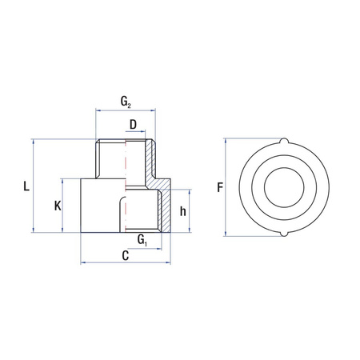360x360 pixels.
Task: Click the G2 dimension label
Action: (x=126, y=102)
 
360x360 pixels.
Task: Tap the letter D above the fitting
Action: (x=133, y=124)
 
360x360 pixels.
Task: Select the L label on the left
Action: (x=26, y=187)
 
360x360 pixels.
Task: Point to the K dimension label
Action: (x=58, y=206)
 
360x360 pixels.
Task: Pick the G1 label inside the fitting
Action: (x=142, y=239)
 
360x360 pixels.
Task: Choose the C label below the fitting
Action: (x=126, y=255)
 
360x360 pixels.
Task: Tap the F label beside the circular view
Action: (x=219, y=188)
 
